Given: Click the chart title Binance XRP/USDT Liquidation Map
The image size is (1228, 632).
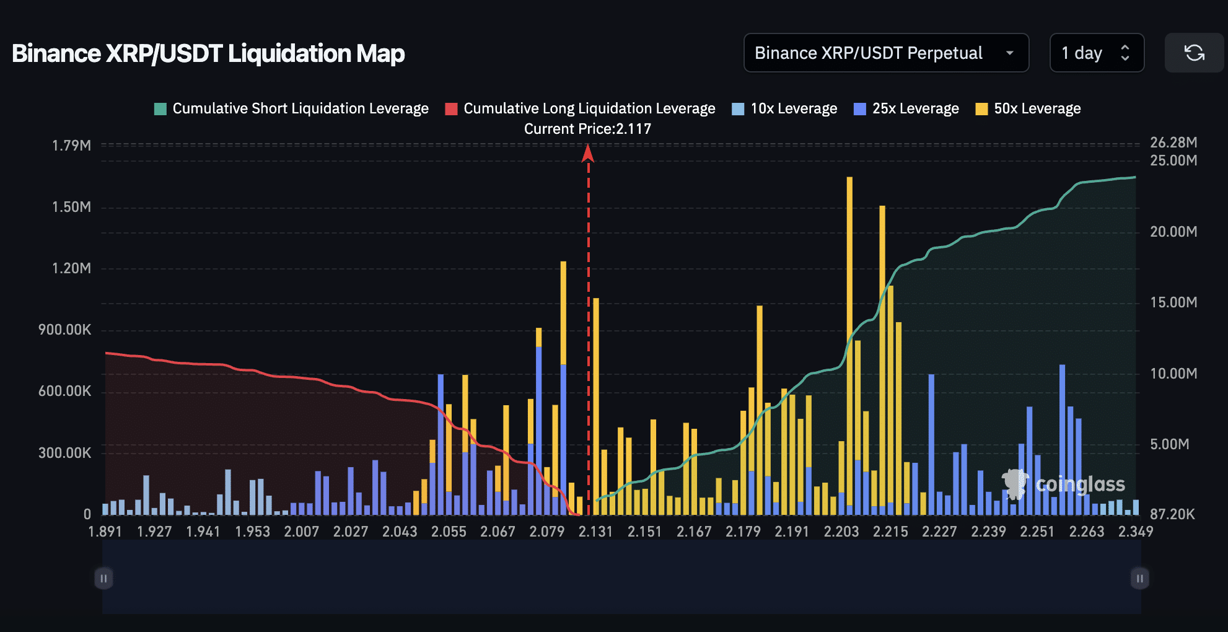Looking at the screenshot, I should (208, 53).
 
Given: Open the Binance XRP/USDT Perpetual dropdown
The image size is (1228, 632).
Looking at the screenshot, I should (885, 53).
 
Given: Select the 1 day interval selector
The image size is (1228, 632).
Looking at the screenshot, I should (1096, 53).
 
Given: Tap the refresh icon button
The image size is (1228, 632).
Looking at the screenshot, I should (1194, 53).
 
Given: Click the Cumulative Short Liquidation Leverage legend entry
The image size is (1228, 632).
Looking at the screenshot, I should (291, 108).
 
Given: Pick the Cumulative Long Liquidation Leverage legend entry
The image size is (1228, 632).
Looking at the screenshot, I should (580, 108).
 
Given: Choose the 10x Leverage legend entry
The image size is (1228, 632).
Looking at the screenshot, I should (784, 108).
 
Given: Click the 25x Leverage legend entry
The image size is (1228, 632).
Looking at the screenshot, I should (906, 108).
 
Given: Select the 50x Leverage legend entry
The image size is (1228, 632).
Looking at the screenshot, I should (1028, 108).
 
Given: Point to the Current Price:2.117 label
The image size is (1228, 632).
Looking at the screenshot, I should (587, 129).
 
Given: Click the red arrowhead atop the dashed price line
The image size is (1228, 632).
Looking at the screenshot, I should (588, 153).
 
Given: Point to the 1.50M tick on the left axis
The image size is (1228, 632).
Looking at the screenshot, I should (71, 207).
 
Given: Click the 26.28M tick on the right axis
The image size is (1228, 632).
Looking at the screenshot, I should (1173, 143).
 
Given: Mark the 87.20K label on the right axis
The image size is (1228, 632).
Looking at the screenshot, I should (1172, 514).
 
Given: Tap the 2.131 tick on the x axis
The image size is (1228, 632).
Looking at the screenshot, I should (595, 532).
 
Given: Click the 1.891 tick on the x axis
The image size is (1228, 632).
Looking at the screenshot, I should (105, 532).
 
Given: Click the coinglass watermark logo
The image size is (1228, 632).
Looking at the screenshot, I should (1063, 484).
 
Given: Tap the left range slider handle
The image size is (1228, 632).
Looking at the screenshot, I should (103, 578).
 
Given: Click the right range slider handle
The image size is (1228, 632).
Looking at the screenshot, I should (1139, 578).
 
